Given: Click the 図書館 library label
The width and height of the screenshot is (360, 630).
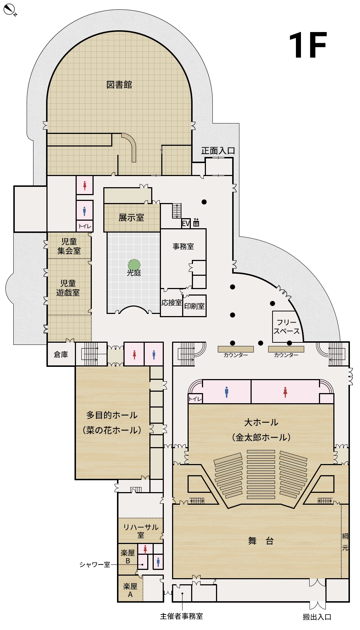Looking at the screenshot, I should (x=119, y=85).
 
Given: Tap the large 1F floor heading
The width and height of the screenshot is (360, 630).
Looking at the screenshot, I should (x=307, y=45).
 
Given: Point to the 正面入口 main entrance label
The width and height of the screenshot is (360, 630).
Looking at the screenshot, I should (x=218, y=151).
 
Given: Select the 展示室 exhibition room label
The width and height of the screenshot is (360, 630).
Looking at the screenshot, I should (x=131, y=217).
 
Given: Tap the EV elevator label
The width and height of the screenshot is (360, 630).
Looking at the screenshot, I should (x=186, y=224).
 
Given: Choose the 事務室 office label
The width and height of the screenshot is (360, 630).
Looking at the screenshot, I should (x=183, y=247).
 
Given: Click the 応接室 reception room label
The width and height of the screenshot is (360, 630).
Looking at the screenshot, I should (x=171, y=303).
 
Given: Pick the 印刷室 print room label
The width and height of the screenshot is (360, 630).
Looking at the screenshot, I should (x=194, y=306).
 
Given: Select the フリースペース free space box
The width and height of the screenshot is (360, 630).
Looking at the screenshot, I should (x=287, y=327).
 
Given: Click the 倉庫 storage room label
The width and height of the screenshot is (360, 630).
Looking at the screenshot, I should (x=61, y=355).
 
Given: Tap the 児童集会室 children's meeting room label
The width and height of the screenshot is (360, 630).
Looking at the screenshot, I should (x=69, y=246).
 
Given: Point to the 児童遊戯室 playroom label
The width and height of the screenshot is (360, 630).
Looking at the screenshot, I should (x=68, y=288).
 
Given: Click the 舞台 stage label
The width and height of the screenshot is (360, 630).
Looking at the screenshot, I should (x=261, y=541).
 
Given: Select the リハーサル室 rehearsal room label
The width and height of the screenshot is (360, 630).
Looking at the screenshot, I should (x=141, y=531).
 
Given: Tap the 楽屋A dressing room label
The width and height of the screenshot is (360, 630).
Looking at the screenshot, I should (x=130, y=590).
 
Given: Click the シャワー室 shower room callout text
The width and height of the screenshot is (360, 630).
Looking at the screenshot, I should (x=95, y=565).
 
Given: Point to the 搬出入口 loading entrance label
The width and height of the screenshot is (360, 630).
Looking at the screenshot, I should (x=317, y=617).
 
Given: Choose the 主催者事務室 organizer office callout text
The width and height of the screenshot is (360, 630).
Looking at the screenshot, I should (x=181, y=616).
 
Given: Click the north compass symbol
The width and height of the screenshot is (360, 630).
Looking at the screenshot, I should (x=9, y=10).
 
